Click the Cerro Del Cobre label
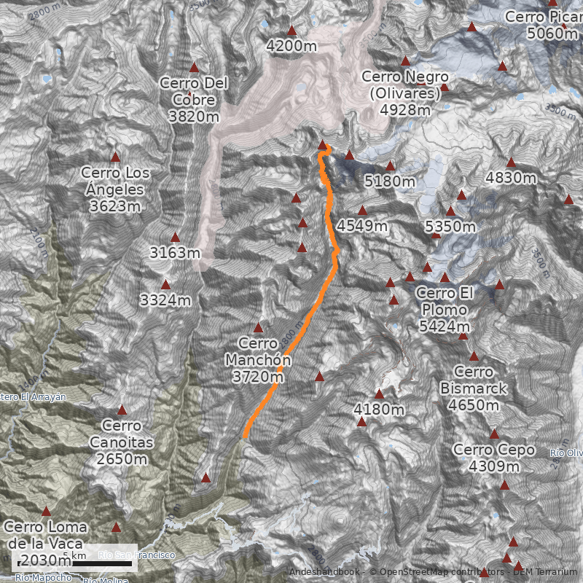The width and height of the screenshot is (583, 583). (x=193, y=99)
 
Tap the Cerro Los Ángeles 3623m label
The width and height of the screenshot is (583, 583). (x=112, y=189)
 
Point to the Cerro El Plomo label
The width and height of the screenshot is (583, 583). (x=445, y=310)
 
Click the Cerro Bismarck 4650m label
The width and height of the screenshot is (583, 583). (x=474, y=388)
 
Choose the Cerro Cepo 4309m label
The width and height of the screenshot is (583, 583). (x=494, y=458)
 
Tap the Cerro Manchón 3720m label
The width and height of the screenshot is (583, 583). (x=258, y=359)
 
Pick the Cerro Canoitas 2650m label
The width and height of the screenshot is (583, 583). (x=122, y=442)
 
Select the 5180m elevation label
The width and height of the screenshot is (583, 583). (x=390, y=181)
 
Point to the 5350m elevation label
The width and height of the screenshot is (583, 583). (x=450, y=227)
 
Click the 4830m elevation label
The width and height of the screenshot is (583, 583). (x=511, y=178)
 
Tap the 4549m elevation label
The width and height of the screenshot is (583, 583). (x=362, y=225)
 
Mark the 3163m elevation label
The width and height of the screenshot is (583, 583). (x=174, y=253)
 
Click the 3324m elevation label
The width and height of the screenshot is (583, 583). (x=165, y=300)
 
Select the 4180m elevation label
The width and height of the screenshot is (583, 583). (x=378, y=410)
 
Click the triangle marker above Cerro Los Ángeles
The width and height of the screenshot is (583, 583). (x=115, y=157)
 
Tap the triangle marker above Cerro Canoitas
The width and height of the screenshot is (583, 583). (x=122, y=410)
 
